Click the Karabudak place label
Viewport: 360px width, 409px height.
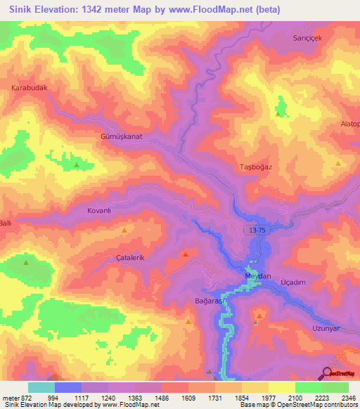pos(29,88)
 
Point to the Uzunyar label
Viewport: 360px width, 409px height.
pos(325,328)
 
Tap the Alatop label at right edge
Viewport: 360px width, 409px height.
pos(349,123)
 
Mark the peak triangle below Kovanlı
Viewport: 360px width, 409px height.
pos(124,231)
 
